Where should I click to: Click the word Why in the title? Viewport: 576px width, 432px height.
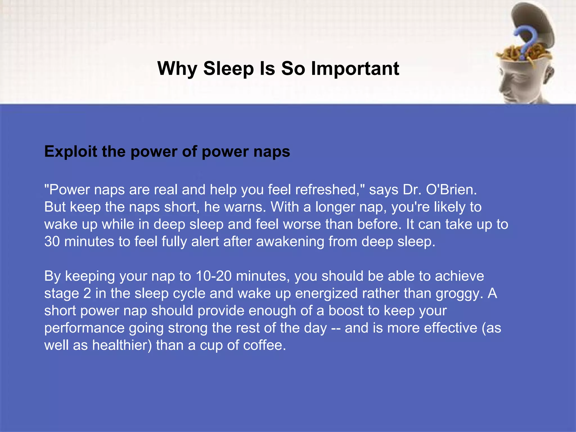[177, 69]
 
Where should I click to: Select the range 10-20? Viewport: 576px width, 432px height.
[214, 276]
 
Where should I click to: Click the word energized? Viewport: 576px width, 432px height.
[326, 294]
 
